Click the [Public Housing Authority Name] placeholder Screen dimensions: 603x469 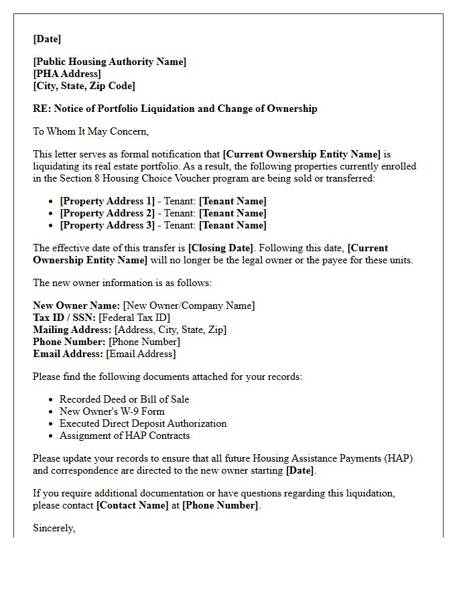(110, 62)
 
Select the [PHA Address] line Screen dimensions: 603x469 (67, 74)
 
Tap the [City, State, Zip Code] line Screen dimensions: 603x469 (84, 86)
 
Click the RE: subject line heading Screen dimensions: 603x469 (175, 109)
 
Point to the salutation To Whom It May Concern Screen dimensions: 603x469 (90, 131)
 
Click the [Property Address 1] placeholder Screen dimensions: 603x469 (107, 201)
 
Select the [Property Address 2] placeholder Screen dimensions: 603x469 (107, 213)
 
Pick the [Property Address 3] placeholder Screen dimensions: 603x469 (107, 225)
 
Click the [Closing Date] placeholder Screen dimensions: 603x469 (220, 248)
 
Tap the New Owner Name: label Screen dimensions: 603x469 (76, 306)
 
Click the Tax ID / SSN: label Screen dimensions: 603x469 (64, 318)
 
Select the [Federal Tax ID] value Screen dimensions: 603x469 (134, 318)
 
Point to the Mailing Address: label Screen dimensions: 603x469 (72, 330)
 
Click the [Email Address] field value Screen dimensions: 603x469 (141, 354)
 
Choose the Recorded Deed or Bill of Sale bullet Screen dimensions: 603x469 (124, 399)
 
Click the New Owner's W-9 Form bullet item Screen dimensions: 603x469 (112, 411)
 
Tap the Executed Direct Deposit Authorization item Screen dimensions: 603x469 (143, 423)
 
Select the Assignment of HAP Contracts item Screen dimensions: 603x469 (125, 435)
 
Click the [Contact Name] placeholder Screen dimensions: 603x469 (133, 505)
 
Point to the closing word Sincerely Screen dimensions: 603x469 (54, 528)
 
